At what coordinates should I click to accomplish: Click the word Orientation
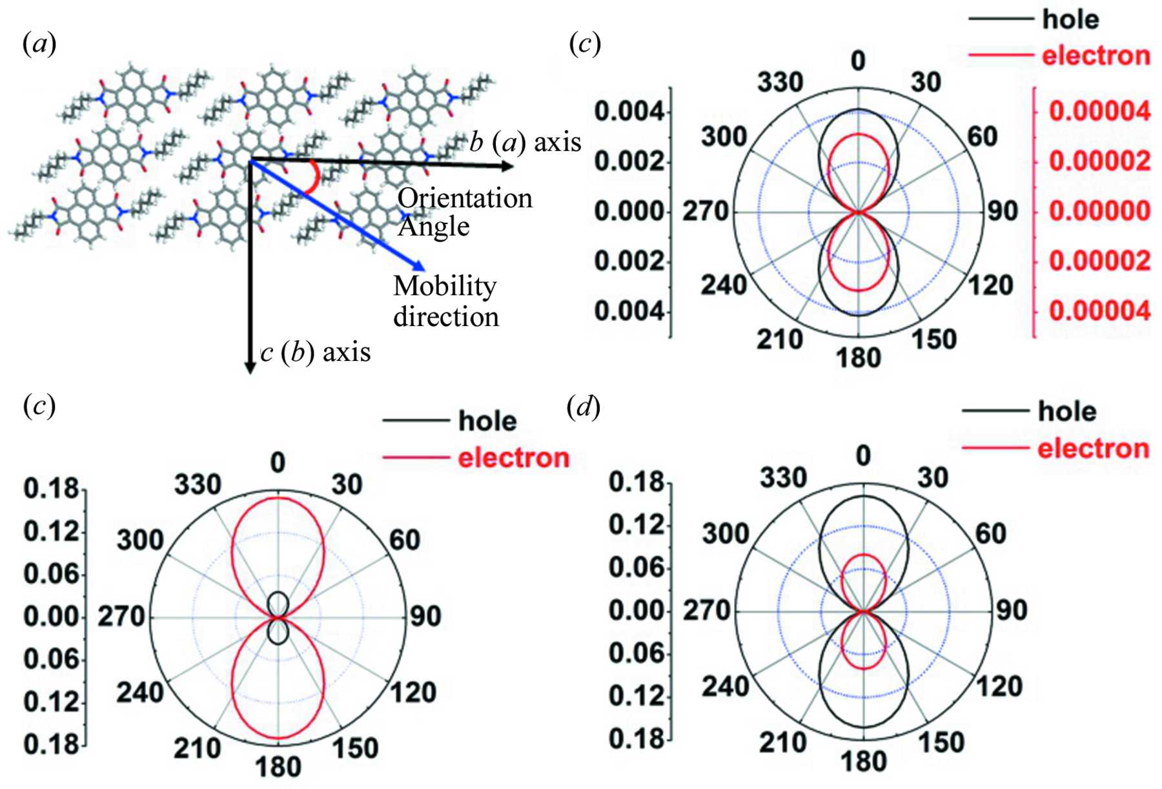tap(465, 198)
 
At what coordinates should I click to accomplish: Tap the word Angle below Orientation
tap(433, 227)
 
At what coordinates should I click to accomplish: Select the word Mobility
tap(445, 286)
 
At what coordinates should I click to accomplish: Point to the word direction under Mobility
tap(446, 317)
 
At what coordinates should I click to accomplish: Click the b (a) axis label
tap(525, 142)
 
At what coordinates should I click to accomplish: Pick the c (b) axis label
tap(316, 353)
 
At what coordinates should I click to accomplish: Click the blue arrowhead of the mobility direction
tap(419, 265)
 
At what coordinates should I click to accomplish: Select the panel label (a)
tap(39, 44)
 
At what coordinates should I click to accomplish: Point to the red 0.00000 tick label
tap(1099, 211)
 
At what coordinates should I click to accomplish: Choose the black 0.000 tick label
tap(629, 211)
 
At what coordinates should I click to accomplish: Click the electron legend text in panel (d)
tap(1093, 448)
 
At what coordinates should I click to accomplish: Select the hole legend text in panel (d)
tap(1067, 411)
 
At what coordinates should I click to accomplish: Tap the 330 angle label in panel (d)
tap(783, 478)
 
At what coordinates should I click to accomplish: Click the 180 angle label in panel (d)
tap(863, 763)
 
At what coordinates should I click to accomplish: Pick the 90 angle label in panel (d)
tap(1010, 610)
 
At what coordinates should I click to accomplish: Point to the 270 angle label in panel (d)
tap(706, 610)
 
